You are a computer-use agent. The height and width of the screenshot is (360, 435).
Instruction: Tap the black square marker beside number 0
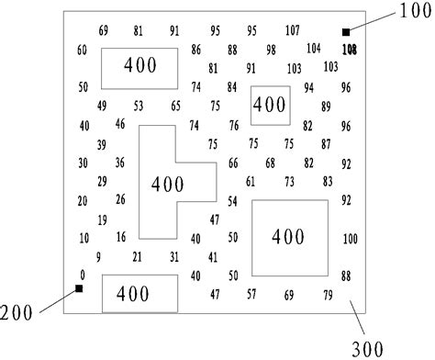click(x=80, y=289)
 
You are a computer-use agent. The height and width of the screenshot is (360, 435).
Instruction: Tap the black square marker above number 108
click(x=346, y=33)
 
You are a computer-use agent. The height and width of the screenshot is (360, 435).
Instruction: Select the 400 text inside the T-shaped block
click(x=167, y=184)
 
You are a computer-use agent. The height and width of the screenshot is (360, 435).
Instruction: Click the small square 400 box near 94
click(x=270, y=106)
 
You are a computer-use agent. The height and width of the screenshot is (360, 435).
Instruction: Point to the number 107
click(x=292, y=30)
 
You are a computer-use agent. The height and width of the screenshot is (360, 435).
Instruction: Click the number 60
click(x=82, y=50)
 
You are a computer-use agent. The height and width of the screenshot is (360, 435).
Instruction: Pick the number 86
click(x=196, y=50)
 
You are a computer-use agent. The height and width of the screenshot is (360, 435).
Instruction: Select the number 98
click(x=271, y=50)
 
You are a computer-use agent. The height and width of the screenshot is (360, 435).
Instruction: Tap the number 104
click(x=314, y=48)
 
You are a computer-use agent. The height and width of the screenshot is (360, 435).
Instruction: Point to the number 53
click(x=138, y=106)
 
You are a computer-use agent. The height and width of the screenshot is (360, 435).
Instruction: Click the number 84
click(x=232, y=87)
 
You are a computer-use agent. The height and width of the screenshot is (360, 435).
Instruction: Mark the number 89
click(x=326, y=107)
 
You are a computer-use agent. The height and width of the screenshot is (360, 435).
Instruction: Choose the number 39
click(x=102, y=144)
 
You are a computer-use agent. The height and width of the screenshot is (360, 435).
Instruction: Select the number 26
click(x=120, y=199)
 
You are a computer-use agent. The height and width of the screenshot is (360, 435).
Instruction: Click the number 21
click(x=138, y=256)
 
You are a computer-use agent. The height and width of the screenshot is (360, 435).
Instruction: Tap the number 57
click(x=251, y=294)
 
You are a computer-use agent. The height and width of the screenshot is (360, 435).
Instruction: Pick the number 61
click(x=251, y=181)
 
